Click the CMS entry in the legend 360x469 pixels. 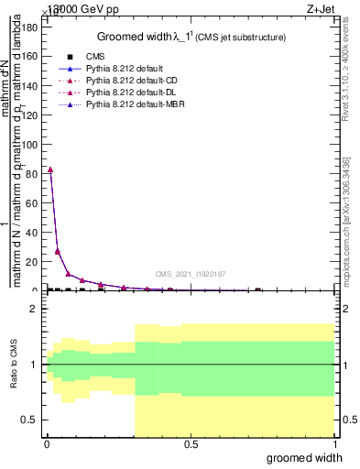point(93,57)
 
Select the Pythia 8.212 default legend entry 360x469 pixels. point(125,69)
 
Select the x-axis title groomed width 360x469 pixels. point(311,457)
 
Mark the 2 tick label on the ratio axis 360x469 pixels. point(35,310)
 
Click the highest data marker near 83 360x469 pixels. point(50,169)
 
